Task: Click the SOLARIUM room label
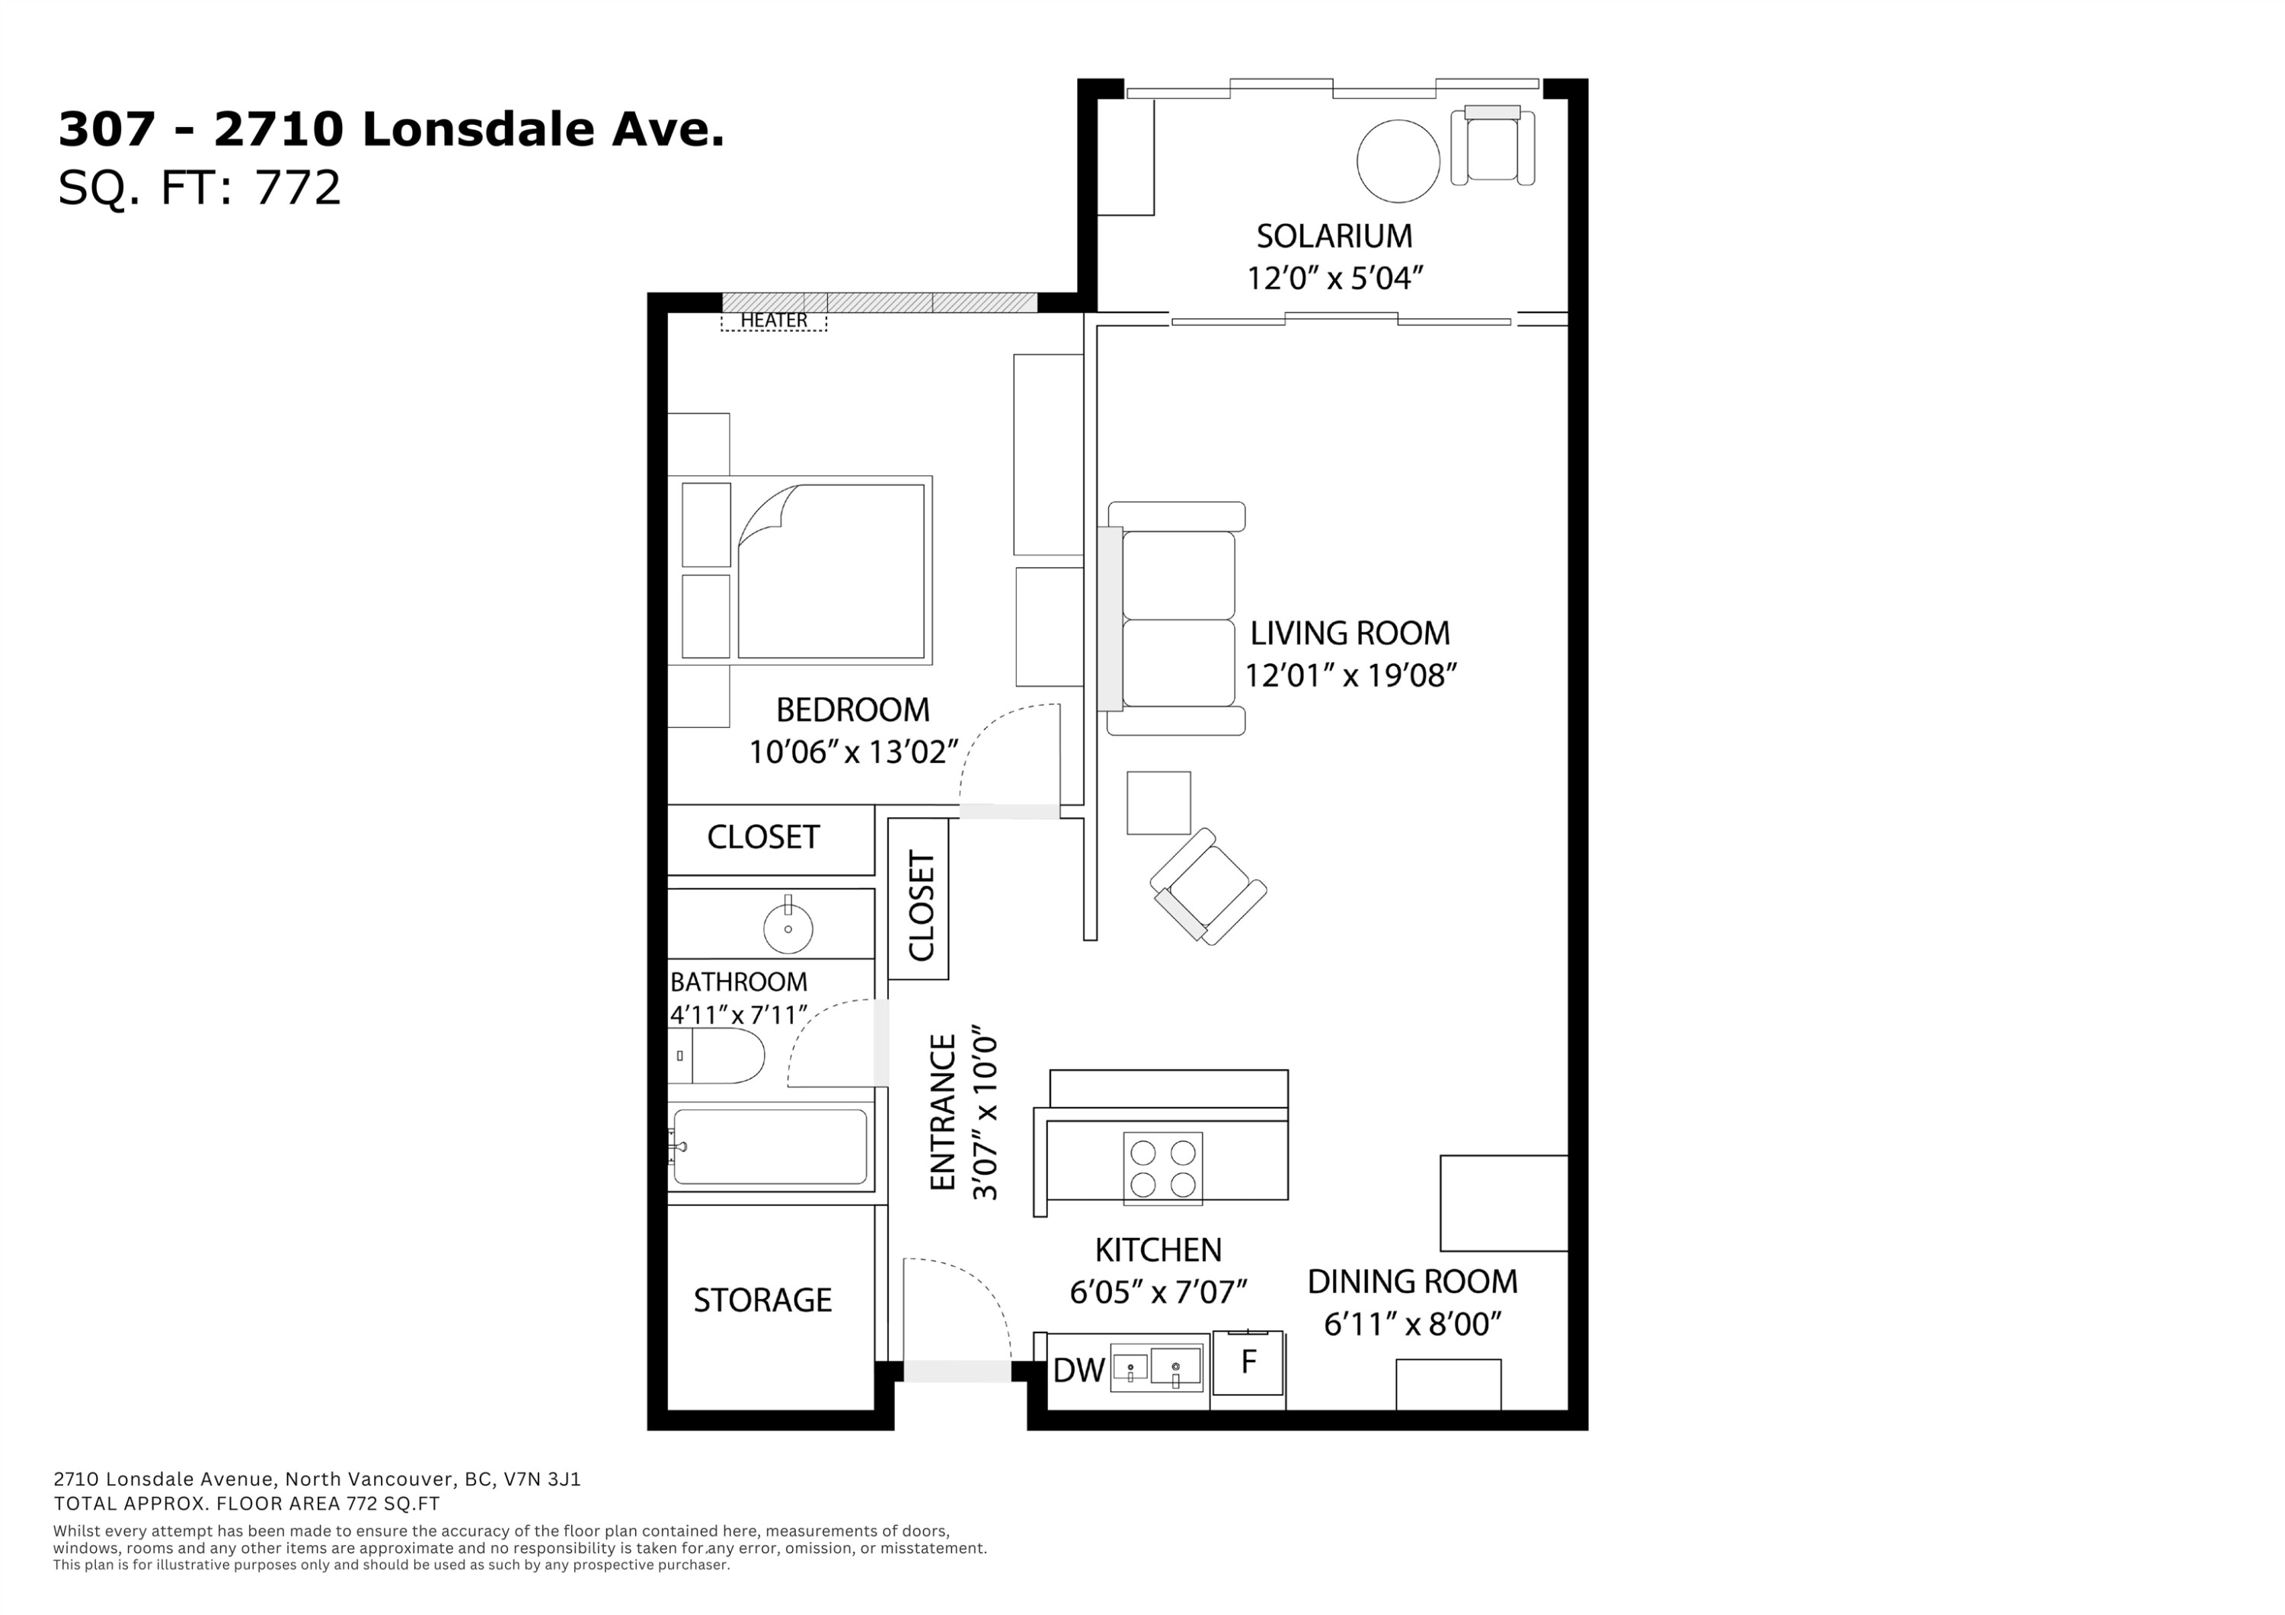[x=1334, y=236]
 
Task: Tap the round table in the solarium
[x=1398, y=161]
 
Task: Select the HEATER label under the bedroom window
[x=773, y=321]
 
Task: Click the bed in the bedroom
[x=801, y=570]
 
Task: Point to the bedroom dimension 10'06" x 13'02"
[x=853, y=752]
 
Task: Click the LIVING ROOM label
[x=1350, y=633]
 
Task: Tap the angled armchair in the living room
[x=1208, y=886]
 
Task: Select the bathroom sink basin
[x=788, y=928]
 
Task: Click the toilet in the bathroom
[x=717, y=1056]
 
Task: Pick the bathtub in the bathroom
[x=770, y=1147]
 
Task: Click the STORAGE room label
[x=762, y=1301]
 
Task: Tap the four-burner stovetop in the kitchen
[x=1162, y=1168]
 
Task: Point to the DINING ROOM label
[x=1412, y=1281]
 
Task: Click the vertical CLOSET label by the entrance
[x=922, y=907]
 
